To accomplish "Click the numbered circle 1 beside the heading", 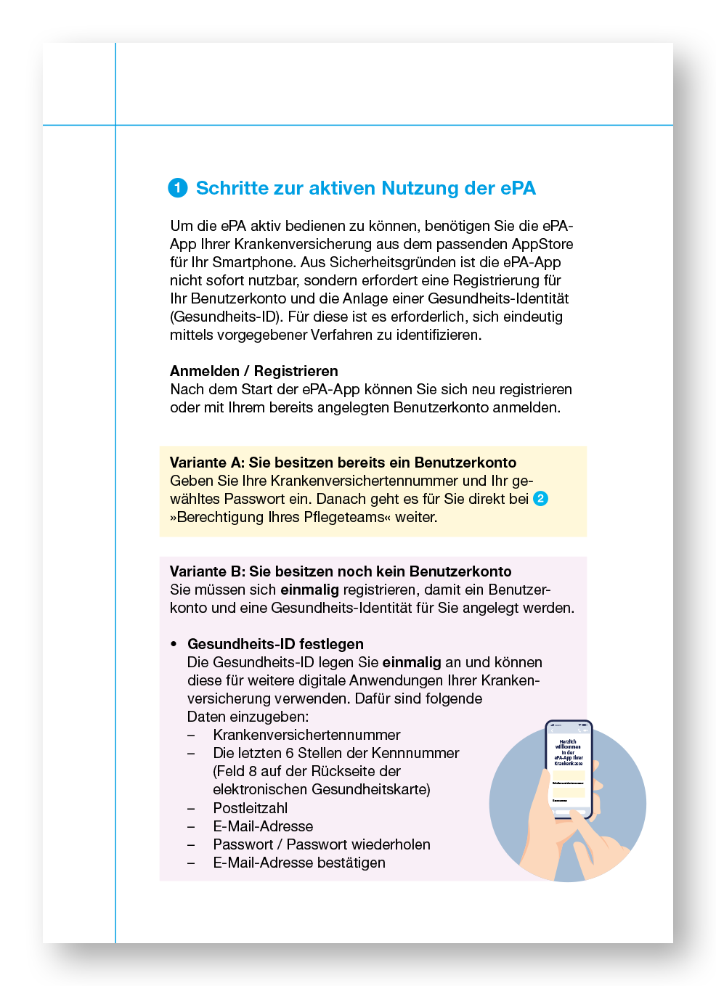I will [x=178, y=188].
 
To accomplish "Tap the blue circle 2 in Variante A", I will [x=540, y=499].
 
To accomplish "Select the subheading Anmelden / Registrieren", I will [x=253, y=371].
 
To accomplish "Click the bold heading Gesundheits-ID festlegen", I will [x=275, y=644].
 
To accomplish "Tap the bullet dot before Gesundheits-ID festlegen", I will [x=174, y=645].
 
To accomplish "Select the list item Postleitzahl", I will [x=250, y=808].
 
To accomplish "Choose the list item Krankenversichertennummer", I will [x=306, y=735].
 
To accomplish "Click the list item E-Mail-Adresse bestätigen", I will [x=299, y=863].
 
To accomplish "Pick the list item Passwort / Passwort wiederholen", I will [x=322, y=844].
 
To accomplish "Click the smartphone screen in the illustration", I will [x=569, y=770].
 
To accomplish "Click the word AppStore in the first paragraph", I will [x=542, y=244].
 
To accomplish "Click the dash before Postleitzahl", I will [x=191, y=808].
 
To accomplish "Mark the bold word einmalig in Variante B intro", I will [x=309, y=590].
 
